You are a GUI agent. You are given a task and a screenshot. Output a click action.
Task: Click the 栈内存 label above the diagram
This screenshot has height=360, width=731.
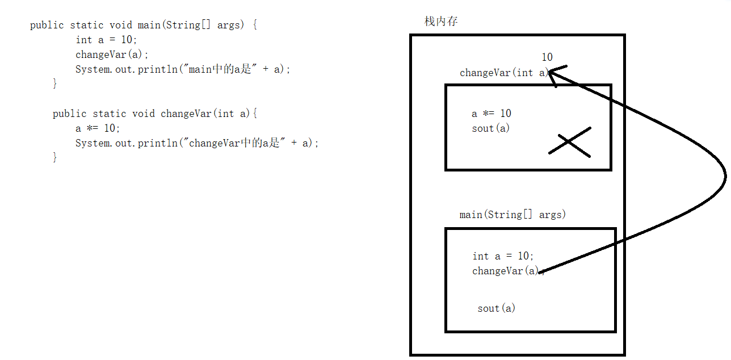pyautogui.click(x=441, y=22)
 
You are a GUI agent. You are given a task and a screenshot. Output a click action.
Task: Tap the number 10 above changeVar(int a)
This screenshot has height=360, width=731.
pyautogui.click(x=547, y=57)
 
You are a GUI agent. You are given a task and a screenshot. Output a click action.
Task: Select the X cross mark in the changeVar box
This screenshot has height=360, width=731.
pyautogui.click(x=569, y=143)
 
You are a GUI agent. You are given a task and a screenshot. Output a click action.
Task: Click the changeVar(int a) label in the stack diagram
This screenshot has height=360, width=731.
pyautogui.click(x=504, y=73)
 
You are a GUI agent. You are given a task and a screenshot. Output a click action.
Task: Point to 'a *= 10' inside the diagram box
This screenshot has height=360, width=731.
pyautogui.click(x=491, y=114)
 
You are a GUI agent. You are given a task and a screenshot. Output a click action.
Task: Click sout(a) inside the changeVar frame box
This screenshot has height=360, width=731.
pyautogui.click(x=490, y=128)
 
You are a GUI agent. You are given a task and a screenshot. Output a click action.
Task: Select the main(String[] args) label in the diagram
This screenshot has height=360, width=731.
pyautogui.click(x=512, y=215)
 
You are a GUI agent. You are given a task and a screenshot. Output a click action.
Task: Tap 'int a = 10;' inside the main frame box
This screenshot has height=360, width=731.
pyautogui.click(x=503, y=256)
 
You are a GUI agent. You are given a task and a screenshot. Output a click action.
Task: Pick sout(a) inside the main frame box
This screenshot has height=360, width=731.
pyautogui.click(x=496, y=308)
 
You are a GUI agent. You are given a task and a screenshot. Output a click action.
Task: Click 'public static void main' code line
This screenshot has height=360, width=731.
pyautogui.click(x=144, y=25)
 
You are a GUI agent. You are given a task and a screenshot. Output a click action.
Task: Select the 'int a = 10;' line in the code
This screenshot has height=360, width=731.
pyautogui.click(x=107, y=40)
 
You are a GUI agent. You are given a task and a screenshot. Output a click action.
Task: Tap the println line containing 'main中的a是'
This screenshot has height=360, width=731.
pyautogui.click(x=183, y=69)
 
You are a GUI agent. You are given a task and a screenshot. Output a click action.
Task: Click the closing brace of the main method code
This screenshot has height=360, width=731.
pyautogui.click(x=55, y=84)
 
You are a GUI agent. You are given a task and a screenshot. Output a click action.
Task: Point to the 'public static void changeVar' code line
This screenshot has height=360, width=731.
pyautogui.click(x=155, y=114)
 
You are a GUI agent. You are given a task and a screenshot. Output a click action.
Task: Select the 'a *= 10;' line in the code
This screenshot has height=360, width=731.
pyautogui.click(x=98, y=128)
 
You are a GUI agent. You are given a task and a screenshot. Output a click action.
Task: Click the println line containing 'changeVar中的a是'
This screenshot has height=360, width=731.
pyautogui.click(x=197, y=143)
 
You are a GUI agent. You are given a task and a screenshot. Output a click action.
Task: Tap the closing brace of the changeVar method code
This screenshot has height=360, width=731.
pyautogui.click(x=55, y=158)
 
